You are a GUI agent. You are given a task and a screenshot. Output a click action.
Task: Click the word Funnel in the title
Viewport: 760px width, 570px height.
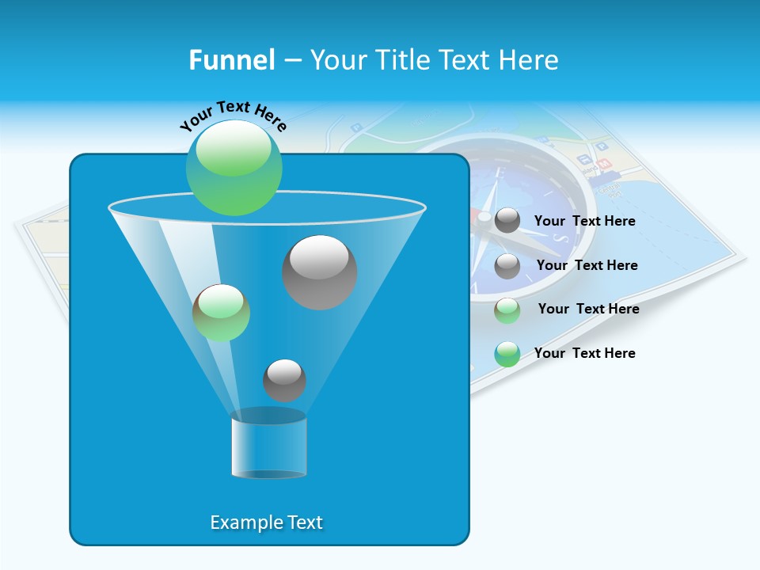[x=231, y=60]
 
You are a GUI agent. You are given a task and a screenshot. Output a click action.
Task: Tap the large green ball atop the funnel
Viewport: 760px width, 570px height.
[x=234, y=167]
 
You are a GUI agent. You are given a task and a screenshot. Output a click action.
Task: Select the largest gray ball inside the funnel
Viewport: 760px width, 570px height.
[x=319, y=272]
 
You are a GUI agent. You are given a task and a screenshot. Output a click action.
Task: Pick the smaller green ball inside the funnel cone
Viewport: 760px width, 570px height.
[x=221, y=313]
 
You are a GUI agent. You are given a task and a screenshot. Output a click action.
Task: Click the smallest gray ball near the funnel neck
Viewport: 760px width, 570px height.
[x=284, y=380]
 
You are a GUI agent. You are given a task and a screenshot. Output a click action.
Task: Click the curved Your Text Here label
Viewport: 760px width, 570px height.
[x=233, y=116]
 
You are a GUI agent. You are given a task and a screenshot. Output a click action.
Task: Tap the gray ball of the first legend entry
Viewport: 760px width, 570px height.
[x=507, y=221]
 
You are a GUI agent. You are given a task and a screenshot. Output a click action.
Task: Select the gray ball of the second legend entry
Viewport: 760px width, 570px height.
[x=507, y=266]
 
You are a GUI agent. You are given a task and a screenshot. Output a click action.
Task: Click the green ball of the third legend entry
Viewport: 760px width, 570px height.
[x=507, y=310]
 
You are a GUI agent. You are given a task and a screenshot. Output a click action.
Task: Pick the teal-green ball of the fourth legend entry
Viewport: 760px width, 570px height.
[x=507, y=354]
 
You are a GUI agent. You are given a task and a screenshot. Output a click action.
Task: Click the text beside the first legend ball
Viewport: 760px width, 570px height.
[x=584, y=222]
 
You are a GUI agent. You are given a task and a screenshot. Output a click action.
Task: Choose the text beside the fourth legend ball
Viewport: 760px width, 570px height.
[x=584, y=353]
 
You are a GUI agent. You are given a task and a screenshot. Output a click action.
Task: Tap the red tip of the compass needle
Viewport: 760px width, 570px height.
[x=482, y=216]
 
